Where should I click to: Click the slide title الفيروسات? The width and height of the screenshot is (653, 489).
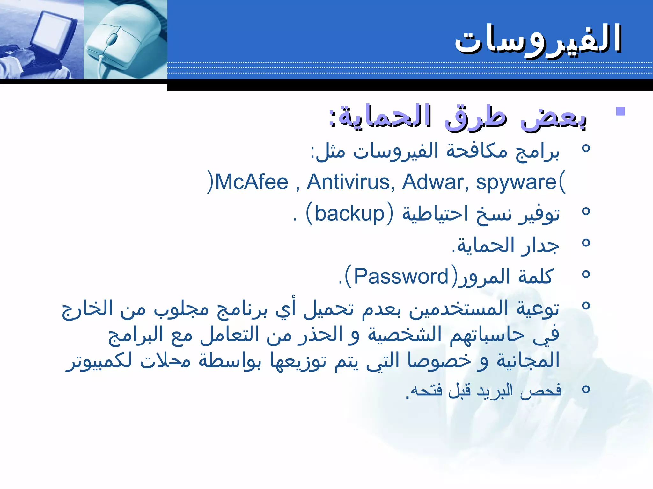coord(538,39)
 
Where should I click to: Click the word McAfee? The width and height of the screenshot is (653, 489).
coord(252,182)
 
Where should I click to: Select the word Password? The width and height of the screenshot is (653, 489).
coord(401,276)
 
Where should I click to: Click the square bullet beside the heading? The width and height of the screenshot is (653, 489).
coord(620,111)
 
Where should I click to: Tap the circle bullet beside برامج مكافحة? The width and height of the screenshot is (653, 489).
coord(586,148)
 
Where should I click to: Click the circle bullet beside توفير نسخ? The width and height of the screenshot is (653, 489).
coord(586,211)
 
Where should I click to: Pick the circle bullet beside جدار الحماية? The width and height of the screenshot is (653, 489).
coord(586,243)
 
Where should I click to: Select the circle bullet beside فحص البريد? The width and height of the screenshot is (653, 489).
coord(586,389)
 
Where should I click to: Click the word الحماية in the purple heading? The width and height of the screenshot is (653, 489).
coord(385,116)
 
